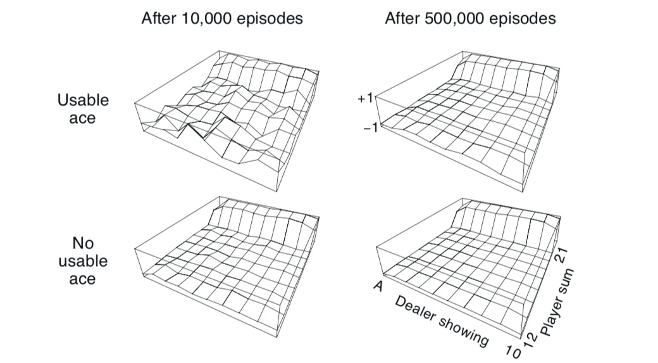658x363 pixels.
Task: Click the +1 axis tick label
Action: point(364,98)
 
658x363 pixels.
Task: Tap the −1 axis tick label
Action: point(371,128)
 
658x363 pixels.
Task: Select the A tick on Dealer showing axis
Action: point(378,286)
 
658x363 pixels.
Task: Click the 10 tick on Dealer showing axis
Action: point(513,351)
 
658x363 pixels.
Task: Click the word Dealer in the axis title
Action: point(414,309)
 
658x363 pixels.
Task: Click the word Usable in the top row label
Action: point(83,100)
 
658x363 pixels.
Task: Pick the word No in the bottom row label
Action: point(83,243)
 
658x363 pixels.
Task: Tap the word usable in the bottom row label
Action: point(83,261)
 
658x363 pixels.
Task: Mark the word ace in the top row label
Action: point(82,118)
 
